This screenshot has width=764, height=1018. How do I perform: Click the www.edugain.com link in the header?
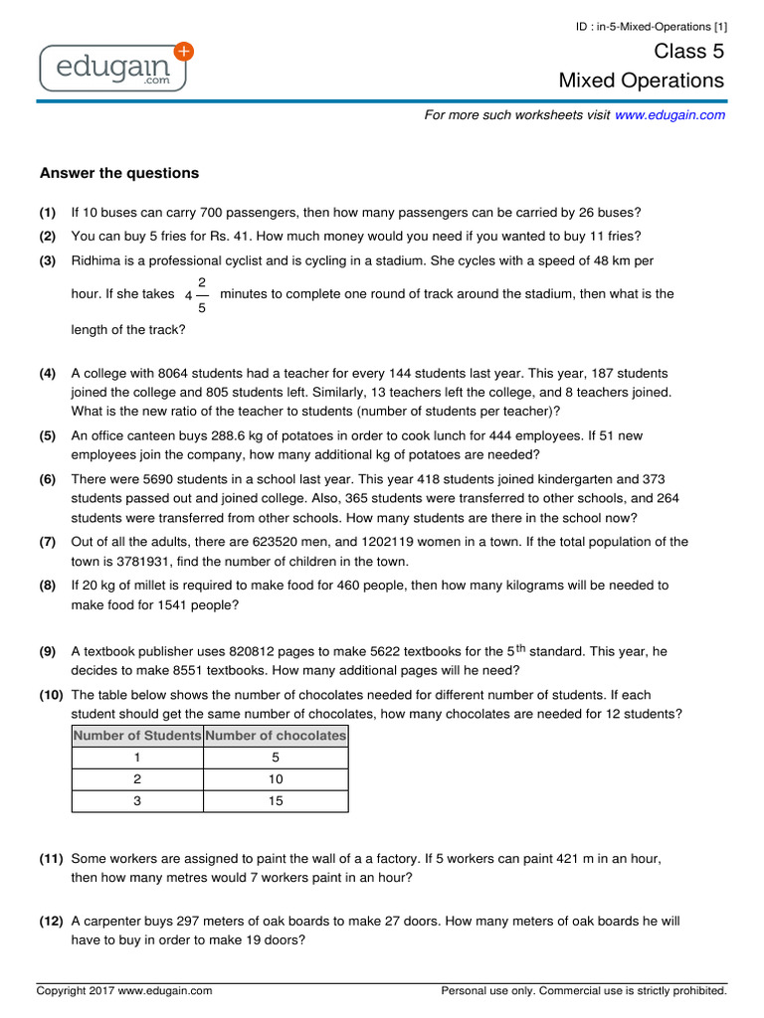coord(669,115)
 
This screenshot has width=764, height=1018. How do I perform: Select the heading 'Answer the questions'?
coord(119,173)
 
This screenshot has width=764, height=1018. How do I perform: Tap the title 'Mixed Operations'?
coord(642,81)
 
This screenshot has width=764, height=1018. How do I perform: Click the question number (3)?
coord(48,260)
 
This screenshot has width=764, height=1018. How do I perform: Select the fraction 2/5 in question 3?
coord(202,294)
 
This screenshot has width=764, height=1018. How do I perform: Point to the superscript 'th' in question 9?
coord(521,648)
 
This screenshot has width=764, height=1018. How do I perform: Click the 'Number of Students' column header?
coord(137,736)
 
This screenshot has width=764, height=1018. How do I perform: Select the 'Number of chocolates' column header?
coord(276,736)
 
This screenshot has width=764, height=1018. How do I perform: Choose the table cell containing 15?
coord(276,801)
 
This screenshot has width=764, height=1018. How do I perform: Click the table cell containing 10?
coord(276,779)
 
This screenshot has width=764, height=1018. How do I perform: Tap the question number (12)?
coord(52,922)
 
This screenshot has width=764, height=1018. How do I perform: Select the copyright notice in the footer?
coord(124,991)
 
